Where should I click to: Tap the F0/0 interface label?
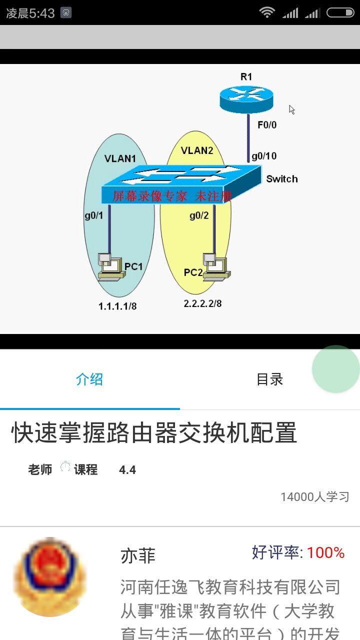pos(267,125)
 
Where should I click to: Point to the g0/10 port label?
pos(264,156)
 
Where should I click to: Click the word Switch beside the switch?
pos(281,179)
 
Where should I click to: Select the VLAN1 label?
pos(120,158)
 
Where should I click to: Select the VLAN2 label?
pos(197,150)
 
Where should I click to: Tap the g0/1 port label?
pos(93,215)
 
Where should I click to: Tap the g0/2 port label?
pos(198,215)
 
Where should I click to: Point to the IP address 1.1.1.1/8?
pos(117,306)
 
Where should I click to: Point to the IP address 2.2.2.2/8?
pos(202,303)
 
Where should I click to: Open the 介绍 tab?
pos(89,379)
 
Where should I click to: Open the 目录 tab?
pos(270,379)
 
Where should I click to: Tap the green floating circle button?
pos(336,369)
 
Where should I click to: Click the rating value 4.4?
pos(127,470)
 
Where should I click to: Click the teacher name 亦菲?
pos(138,555)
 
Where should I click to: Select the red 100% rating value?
pos(325,552)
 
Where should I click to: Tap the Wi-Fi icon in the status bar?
pos(267,12)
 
